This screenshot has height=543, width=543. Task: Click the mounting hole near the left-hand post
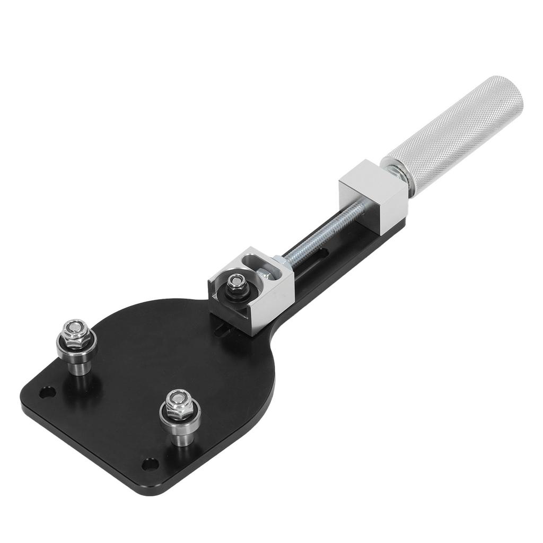(x=47, y=393)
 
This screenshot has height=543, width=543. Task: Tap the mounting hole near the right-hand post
(x=150, y=465)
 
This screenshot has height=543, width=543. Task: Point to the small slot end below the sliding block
(x=225, y=331)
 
